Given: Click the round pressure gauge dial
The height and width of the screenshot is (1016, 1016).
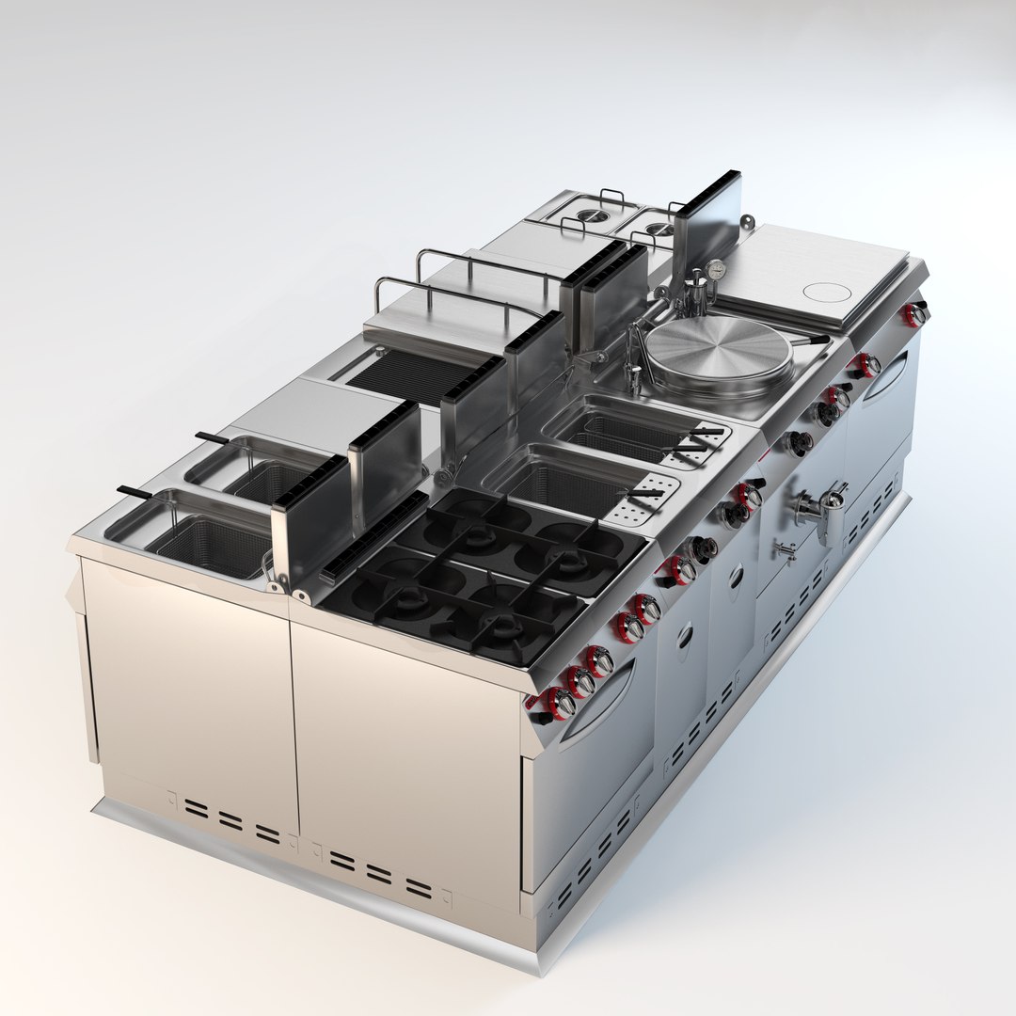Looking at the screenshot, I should point(717,268).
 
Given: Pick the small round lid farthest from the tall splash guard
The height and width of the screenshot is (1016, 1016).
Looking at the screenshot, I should point(590,214).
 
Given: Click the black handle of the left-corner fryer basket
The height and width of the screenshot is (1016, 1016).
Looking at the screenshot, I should point(135,492).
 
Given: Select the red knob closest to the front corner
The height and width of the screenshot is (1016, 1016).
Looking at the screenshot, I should point(559,702).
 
